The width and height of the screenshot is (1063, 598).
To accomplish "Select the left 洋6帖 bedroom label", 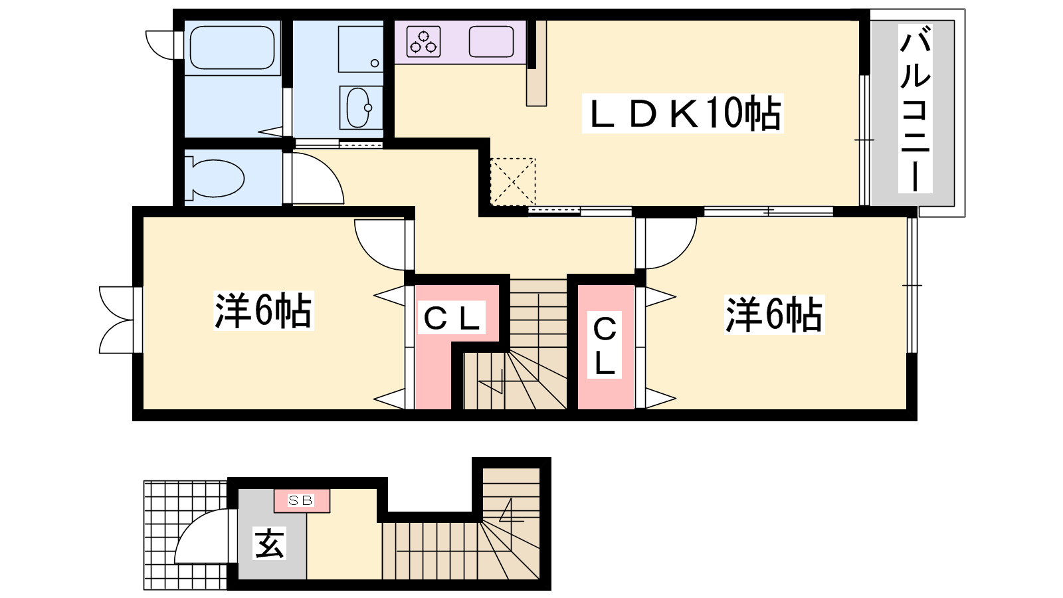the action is click(x=263, y=311).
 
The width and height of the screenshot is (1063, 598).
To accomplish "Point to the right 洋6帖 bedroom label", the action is click(x=774, y=315).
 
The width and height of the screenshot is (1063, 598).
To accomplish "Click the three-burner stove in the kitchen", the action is click(x=424, y=42).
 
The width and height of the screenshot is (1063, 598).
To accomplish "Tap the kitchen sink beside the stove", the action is click(x=491, y=42).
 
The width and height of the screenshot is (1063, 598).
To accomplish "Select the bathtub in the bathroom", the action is click(x=232, y=47).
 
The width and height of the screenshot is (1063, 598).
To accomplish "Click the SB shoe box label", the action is click(x=302, y=500).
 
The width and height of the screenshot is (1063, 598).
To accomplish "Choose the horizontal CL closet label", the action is click(x=451, y=317).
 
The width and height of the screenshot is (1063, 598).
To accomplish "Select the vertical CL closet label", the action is click(x=605, y=345).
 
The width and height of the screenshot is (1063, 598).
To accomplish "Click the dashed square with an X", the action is click(x=512, y=182).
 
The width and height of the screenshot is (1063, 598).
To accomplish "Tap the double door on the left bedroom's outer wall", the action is click(x=116, y=320).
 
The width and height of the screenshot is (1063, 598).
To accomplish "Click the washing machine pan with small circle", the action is click(x=360, y=49).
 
